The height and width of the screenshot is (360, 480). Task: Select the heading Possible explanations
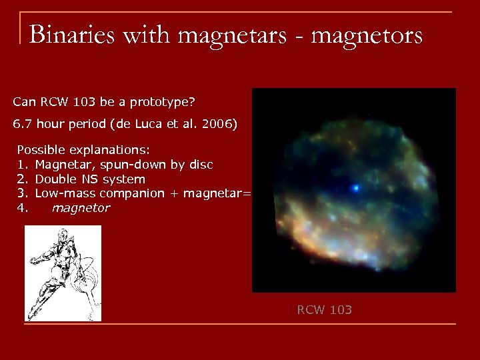(83, 151)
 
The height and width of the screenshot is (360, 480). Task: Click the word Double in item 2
(55, 179)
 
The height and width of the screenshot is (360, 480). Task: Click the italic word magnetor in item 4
(81, 208)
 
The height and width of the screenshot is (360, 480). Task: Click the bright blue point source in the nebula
(356, 188)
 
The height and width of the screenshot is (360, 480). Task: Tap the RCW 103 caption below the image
(324, 309)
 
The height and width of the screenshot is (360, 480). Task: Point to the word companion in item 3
(131, 193)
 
